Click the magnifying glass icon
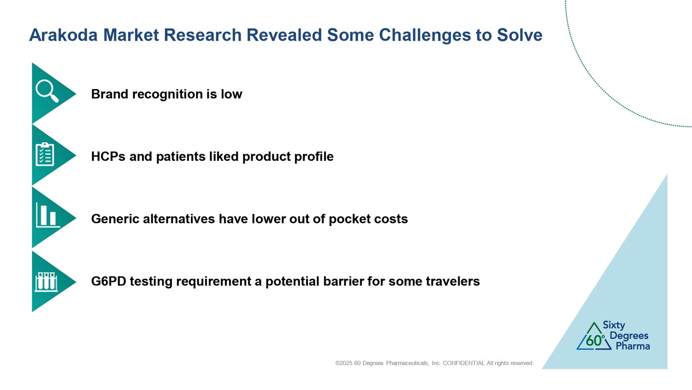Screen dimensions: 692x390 tap(47, 91)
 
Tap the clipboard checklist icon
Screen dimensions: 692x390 tap(45, 154)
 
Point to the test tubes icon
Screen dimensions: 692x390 tap(46, 282)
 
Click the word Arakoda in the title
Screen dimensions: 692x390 tap(63, 35)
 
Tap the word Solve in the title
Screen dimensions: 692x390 tap(520, 35)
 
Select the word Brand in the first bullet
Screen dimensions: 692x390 tap(110, 94)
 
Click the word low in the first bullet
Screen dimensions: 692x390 tap(231, 94)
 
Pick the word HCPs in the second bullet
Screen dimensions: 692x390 tap(108, 156)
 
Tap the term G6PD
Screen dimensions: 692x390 tap(109, 282)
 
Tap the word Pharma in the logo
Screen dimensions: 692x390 tap(633, 346)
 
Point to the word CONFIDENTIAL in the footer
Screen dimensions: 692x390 tap(464, 363)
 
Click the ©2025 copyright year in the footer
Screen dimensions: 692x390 tap(344, 363)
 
